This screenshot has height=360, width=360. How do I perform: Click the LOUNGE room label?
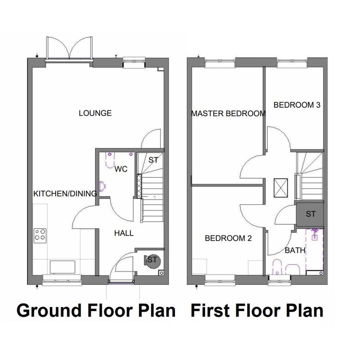point(95,113)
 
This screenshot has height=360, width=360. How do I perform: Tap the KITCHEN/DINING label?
point(65,194)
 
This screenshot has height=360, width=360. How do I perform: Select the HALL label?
point(124,233)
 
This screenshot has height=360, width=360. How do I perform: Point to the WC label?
point(121,169)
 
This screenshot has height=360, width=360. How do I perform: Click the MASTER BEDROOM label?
point(229,114)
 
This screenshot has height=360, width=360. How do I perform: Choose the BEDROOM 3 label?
point(297,105)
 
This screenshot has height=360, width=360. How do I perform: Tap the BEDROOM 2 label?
point(228,238)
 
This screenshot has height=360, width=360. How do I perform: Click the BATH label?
point(295,250)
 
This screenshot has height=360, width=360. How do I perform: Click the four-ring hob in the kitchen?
point(40,235)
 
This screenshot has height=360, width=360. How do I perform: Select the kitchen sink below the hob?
point(63,267)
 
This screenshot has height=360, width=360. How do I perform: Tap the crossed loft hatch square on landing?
point(280,188)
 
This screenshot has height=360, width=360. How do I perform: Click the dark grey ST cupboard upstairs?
point(310,214)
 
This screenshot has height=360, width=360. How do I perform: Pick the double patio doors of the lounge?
point(69,48)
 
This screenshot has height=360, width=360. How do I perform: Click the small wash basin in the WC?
point(102,186)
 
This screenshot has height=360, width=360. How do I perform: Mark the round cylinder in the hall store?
point(153,261)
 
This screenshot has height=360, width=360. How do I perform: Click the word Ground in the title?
point(49,310)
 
